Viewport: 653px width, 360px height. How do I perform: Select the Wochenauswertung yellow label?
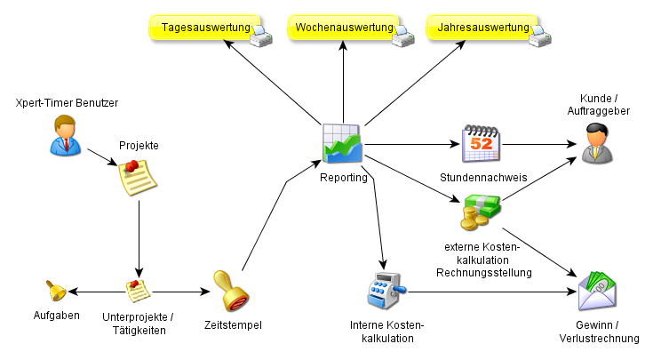point(343,28)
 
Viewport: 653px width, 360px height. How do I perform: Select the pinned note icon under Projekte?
point(138,176)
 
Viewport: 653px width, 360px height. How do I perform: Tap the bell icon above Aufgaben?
point(56,291)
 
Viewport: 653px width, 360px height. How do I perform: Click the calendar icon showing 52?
point(482,143)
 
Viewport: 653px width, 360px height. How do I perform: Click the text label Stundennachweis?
point(483,178)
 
